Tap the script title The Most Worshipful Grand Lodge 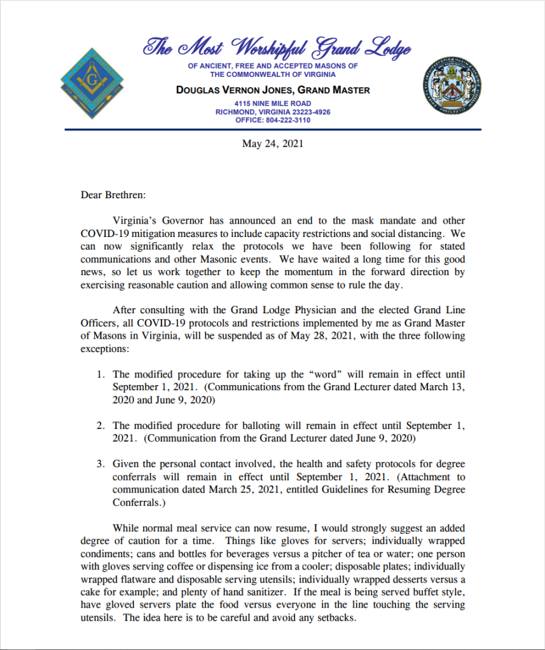pyautogui.click(x=277, y=48)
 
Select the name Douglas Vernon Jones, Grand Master pyautogui.click(x=273, y=90)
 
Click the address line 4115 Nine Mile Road pyautogui.click(x=273, y=103)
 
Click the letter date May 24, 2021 pyautogui.click(x=272, y=144)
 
